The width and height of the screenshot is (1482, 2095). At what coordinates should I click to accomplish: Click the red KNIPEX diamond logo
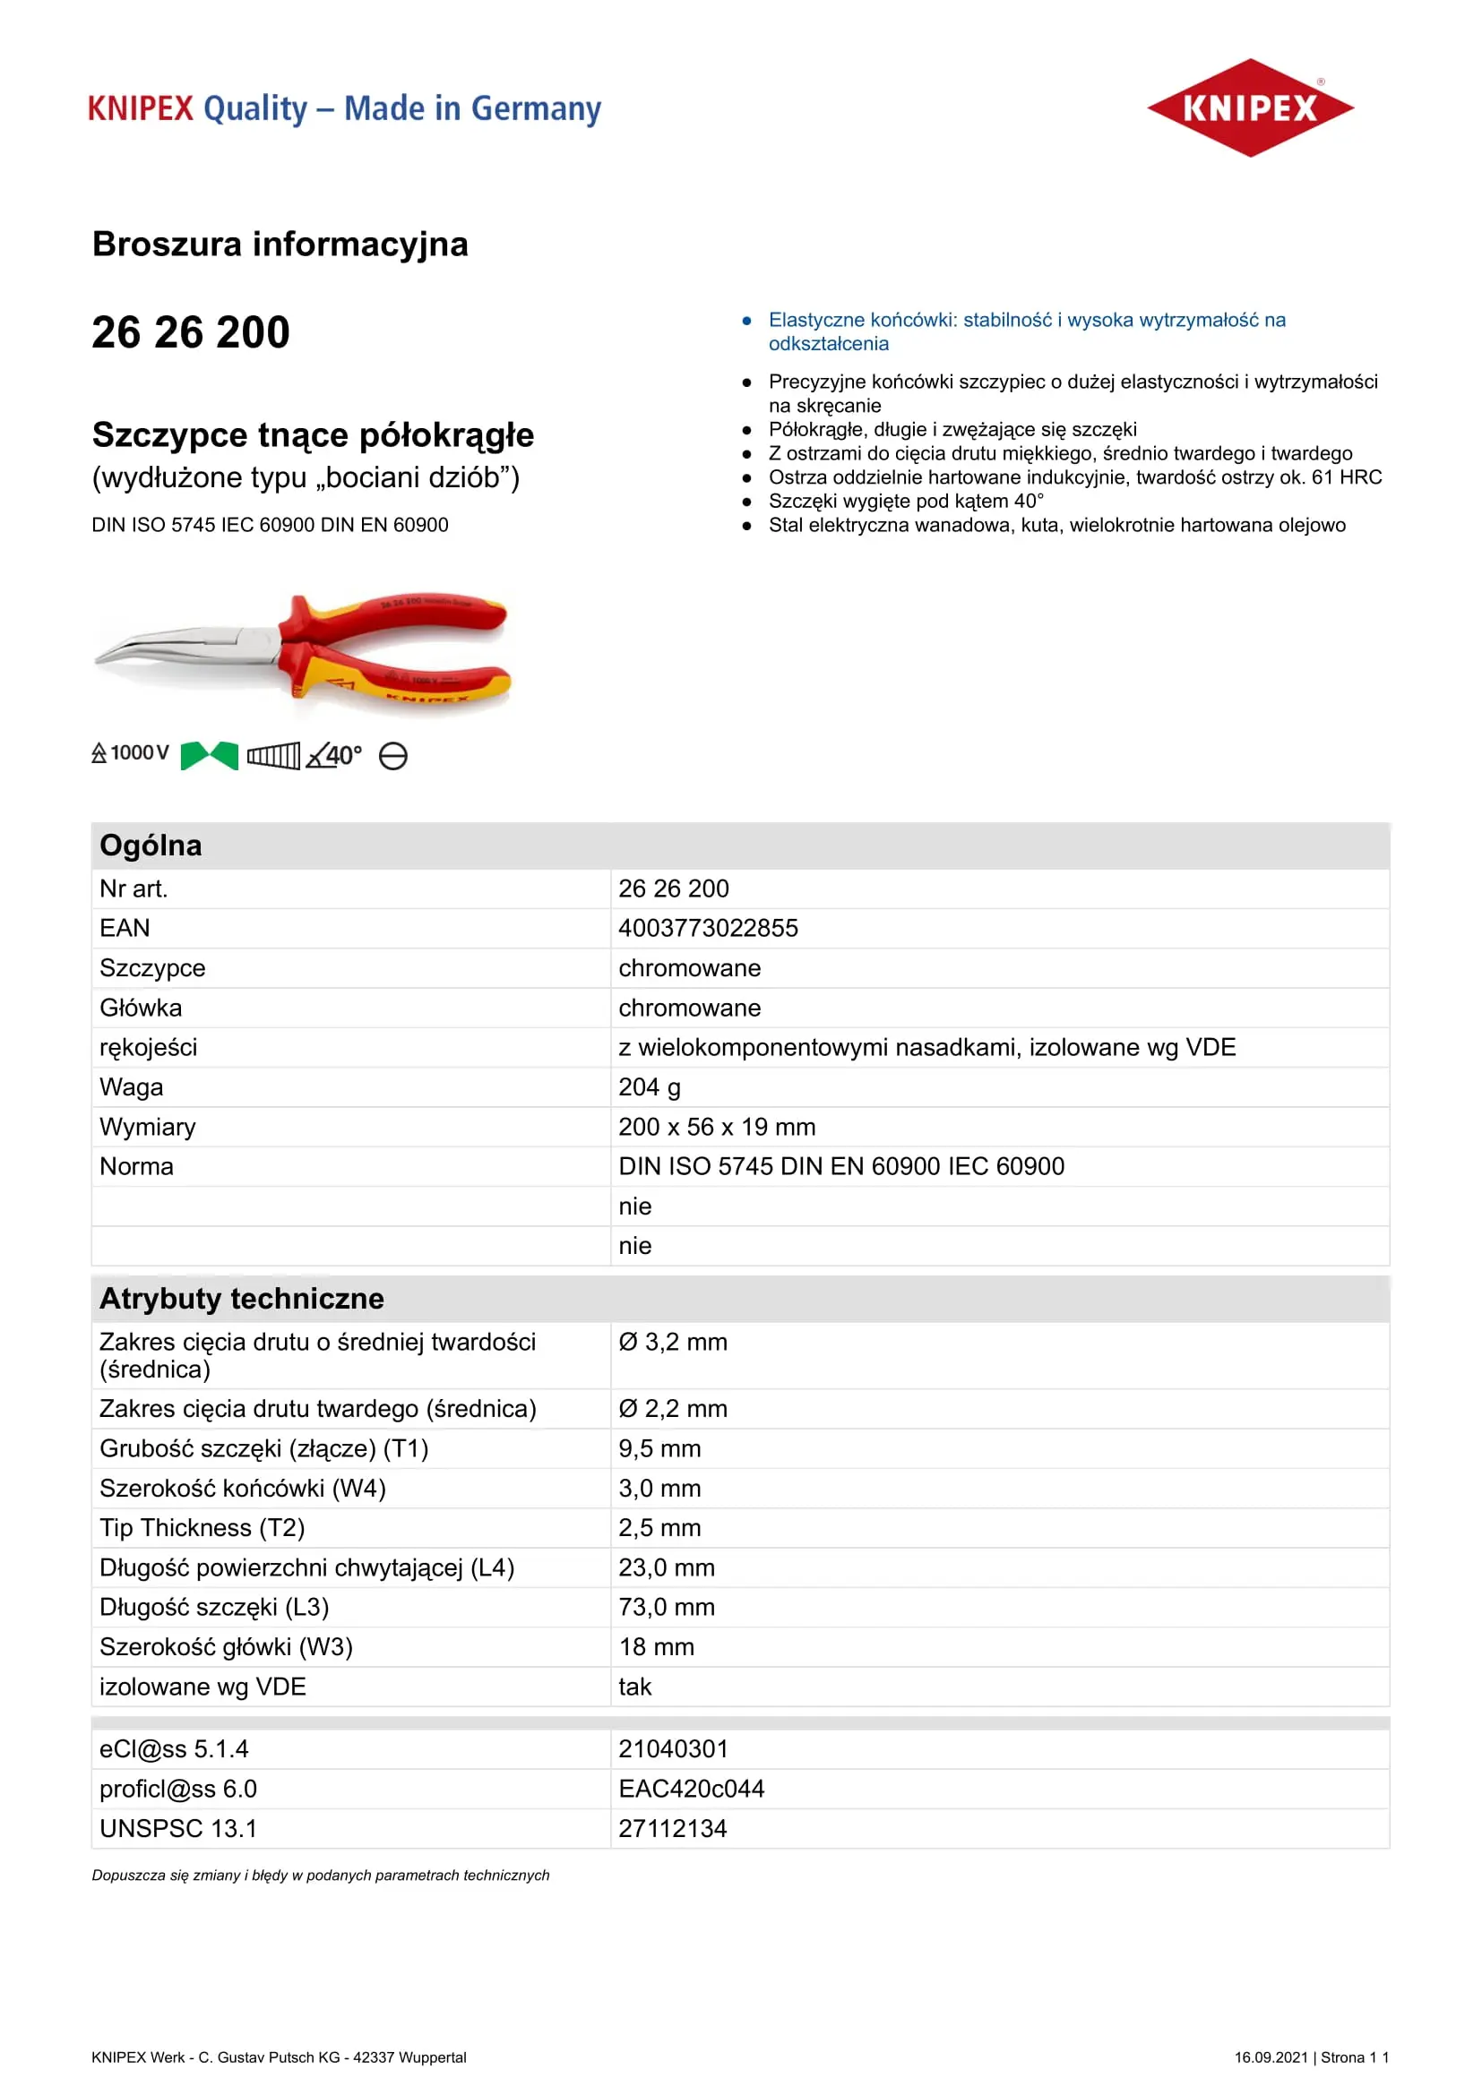[1249, 107]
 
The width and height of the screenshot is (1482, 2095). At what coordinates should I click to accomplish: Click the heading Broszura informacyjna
[280, 244]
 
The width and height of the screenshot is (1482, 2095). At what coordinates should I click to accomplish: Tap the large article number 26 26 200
[191, 332]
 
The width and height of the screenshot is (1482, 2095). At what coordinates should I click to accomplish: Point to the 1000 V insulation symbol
[131, 752]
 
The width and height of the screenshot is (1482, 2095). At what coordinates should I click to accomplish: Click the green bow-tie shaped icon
[209, 756]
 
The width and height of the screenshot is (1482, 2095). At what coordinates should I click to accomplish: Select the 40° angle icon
[334, 756]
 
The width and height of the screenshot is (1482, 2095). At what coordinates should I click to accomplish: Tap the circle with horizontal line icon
[393, 757]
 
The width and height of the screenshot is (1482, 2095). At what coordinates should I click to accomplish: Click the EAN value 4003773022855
[708, 928]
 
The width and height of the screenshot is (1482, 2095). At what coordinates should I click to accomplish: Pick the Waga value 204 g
[649, 1086]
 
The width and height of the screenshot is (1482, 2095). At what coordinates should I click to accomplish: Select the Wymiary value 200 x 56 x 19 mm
[717, 1127]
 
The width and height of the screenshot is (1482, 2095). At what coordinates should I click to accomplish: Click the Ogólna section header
[151, 846]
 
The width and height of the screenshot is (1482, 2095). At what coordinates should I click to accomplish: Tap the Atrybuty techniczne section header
[242, 1299]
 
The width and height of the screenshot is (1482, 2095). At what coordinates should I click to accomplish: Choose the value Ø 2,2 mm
[673, 1409]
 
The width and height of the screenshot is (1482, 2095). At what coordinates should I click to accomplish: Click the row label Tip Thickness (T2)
[202, 1527]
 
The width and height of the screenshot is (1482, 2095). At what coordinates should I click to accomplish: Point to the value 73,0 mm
[666, 1607]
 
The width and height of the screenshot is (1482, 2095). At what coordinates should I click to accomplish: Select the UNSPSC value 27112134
[673, 1829]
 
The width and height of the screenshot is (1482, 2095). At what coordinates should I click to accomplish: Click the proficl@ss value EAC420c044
[691, 1789]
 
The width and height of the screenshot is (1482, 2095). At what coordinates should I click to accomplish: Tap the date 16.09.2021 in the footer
[1271, 2057]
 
